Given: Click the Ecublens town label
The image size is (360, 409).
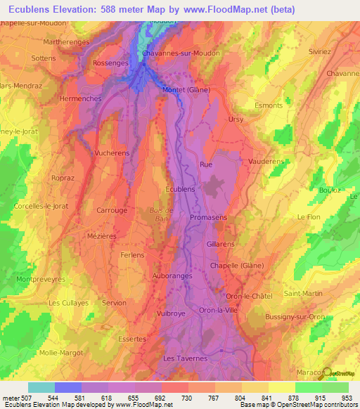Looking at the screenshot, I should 179,189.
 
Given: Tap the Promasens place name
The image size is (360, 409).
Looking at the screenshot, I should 208,218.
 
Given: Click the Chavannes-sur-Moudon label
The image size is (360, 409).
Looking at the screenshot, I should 181,53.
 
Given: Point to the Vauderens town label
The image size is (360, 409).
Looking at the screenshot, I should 266,161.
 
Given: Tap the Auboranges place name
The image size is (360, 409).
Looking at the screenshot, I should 172,276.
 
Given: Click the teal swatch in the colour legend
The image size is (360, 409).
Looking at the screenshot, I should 41,387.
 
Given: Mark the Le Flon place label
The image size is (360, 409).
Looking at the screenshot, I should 309,217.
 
